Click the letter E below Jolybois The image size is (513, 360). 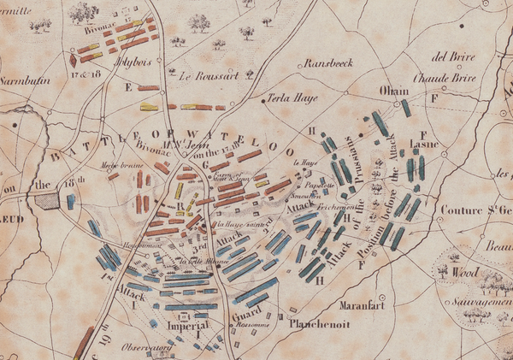[x=128, y=87]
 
